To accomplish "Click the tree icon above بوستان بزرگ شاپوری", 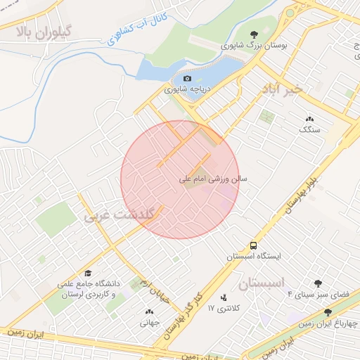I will point(255,34).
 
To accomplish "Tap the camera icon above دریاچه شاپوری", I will point(186,78).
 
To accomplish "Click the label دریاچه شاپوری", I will point(186,89).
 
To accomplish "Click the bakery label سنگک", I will point(309,129).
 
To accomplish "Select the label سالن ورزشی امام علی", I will point(215,180).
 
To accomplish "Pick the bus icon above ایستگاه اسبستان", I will point(252,245).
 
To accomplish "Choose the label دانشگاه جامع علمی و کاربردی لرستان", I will point(90,289).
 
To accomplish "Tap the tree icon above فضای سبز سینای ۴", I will point(318,283).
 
